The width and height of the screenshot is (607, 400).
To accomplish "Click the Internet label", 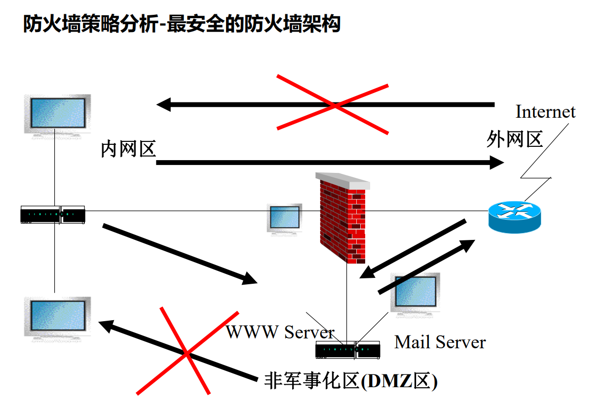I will coord(545,112).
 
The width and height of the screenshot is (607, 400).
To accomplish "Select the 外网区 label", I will coord(514,139).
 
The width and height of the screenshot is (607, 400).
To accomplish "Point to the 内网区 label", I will coord(128,149).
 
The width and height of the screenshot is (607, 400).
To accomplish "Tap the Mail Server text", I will coord(440,342).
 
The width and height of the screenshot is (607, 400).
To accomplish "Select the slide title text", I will coord(182,24).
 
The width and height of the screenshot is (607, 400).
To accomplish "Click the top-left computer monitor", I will coord(58,114).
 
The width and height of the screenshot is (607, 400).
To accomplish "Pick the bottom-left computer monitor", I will coord(58,318).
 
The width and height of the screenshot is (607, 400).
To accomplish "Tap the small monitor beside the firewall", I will coord(284,218).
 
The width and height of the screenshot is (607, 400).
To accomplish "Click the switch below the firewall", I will coord(348,350).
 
